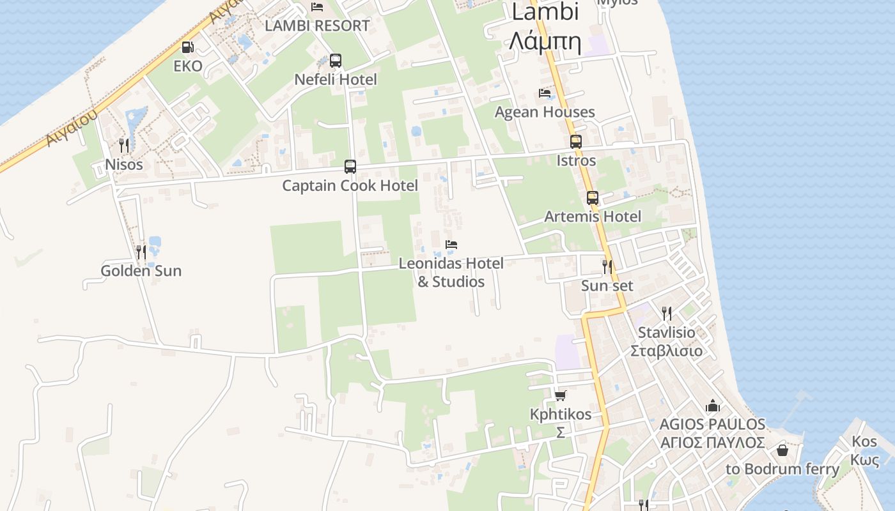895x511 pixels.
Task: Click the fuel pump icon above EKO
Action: [x=187, y=47]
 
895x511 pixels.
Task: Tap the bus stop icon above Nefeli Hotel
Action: [x=336, y=61]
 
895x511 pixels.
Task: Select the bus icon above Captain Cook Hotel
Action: [x=350, y=167]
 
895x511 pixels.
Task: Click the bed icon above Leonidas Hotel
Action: [x=451, y=245]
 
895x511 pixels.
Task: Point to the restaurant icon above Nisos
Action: [x=124, y=146]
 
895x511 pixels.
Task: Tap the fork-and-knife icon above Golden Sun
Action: [x=141, y=252]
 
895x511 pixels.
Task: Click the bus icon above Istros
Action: [x=576, y=142]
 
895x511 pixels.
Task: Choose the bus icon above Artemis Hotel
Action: [x=593, y=198]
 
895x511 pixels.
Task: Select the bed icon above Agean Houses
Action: [x=545, y=93]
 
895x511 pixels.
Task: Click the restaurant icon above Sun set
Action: [x=607, y=267]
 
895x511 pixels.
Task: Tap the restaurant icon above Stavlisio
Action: [x=667, y=314]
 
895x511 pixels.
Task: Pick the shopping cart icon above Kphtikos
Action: [x=561, y=395]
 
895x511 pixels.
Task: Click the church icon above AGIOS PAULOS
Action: [x=712, y=406]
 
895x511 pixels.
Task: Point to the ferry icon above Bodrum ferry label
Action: [x=782, y=450]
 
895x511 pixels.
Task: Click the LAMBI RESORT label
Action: [x=317, y=26]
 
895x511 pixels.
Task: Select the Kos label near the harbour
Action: [x=864, y=441]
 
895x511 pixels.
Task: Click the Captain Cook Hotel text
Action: [x=350, y=186]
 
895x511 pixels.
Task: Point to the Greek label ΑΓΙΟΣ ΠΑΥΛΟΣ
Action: [x=712, y=443]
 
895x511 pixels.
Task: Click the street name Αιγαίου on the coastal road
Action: [x=72, y=128]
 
